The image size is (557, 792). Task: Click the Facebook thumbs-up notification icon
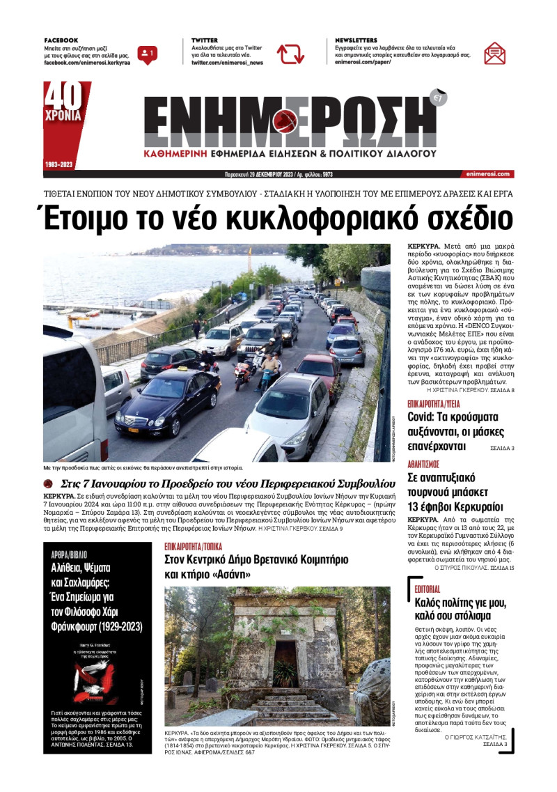(x=147, y=54)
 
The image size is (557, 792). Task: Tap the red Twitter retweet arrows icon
(x=290, y=54)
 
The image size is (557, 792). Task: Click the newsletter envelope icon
(x=494, y=53)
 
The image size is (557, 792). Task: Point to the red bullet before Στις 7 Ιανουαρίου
(x=49, y=483)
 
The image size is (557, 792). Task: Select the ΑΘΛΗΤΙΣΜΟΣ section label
(x=423, y=463)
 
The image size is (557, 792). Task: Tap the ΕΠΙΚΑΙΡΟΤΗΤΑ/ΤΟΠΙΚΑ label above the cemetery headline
(x=198, y=548)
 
